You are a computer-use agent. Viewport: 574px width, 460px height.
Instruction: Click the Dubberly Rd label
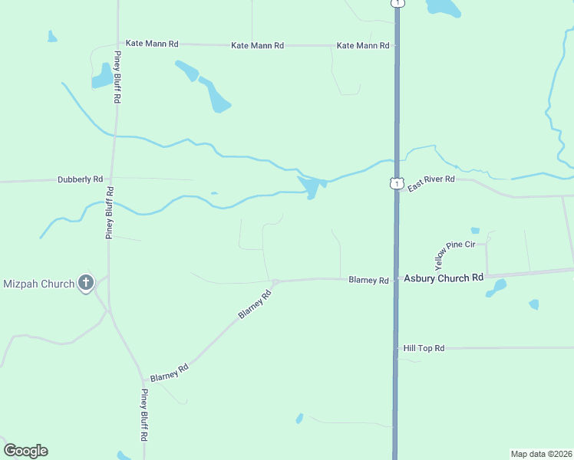80,179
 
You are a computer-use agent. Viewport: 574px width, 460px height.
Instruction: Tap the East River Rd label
431,183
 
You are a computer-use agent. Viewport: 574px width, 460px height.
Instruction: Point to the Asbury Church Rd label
444,278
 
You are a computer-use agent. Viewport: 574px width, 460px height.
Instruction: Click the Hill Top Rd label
424,348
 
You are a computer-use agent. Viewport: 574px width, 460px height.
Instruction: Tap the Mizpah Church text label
38,284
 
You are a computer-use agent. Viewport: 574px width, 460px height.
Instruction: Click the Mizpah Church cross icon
86,284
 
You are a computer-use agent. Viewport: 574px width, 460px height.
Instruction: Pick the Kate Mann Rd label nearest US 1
363,46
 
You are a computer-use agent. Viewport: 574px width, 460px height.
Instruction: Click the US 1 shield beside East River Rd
396,183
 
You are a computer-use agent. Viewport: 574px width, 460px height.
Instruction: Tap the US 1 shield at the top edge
397,3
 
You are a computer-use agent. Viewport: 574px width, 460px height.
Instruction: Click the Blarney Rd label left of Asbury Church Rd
368,281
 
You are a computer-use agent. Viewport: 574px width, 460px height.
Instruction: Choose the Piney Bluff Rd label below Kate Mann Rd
119,77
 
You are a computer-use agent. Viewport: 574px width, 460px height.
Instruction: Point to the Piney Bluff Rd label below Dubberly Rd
110,212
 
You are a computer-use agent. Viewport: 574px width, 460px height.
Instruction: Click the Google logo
25,451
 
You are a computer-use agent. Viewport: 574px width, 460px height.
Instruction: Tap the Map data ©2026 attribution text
542,454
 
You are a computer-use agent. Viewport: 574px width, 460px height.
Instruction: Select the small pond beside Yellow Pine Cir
475,230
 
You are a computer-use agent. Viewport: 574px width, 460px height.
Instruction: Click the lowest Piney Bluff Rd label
143,415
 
